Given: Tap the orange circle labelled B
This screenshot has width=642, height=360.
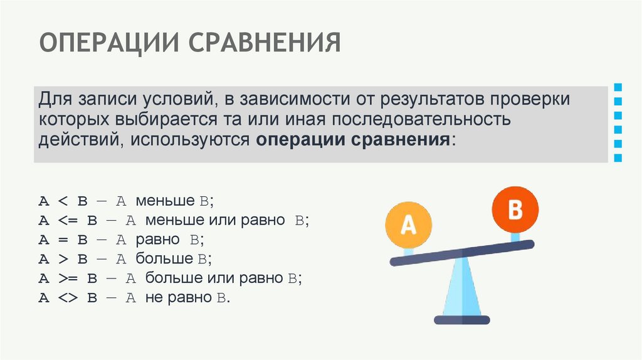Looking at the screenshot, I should point(515,209).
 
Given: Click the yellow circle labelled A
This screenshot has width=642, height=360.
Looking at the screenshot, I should point(408,225).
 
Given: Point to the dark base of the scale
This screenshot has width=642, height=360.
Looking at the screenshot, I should point(462,320).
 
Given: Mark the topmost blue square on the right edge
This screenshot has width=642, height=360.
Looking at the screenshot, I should point(618,87).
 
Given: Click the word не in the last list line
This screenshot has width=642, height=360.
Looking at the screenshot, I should point(154,298).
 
